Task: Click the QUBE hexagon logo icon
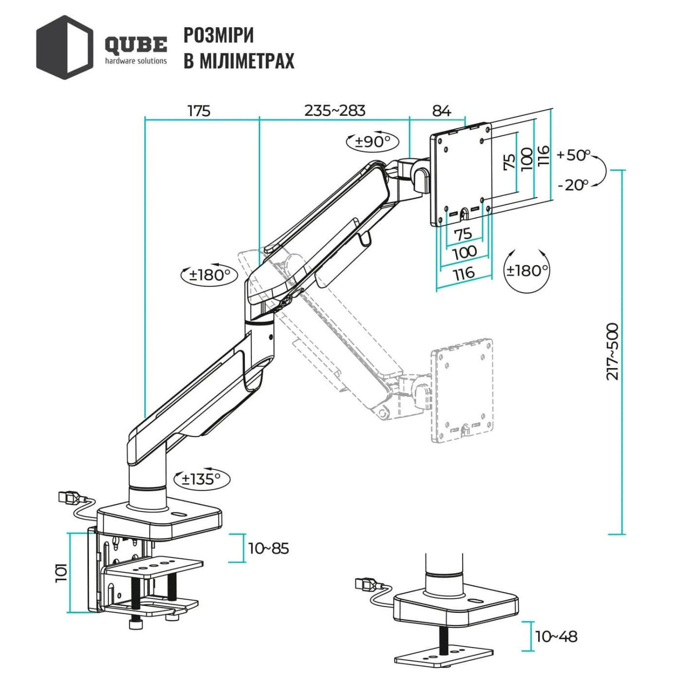pos(64,47)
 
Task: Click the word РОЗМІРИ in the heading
pos(218,36)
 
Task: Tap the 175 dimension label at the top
pos(199,111)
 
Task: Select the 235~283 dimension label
pos(335,110)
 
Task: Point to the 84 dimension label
pos(441,111)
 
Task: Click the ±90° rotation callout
pos(372,142)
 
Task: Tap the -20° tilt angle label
pos(573,185)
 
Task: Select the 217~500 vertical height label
pos(612,351)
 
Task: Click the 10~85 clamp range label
pos(269,548)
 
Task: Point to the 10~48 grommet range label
pos(556,636)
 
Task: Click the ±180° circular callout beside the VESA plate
pos(527,270)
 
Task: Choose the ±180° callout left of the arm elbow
pos(209,275)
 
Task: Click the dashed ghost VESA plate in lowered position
pos(462,390)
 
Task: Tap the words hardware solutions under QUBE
pos(136,61)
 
